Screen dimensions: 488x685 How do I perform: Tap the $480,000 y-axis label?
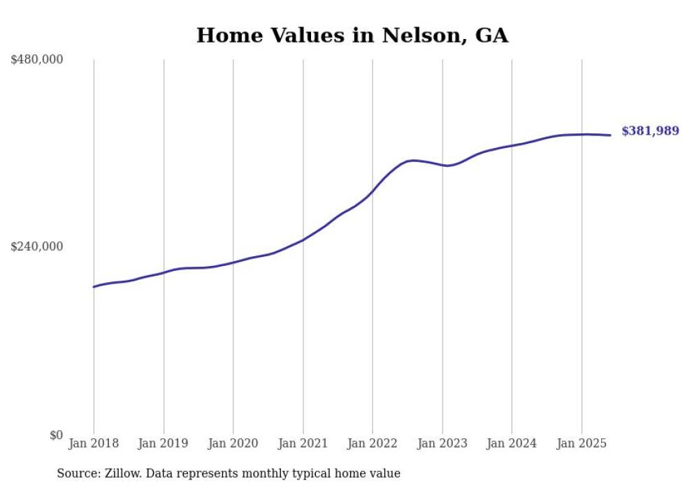(37, 60)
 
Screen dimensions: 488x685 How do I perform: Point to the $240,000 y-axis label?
(37, 246)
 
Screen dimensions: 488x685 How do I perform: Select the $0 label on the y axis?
(56, 435)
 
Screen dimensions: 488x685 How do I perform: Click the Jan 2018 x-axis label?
(94, 443)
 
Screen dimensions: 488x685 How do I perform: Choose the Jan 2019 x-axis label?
(164, 443)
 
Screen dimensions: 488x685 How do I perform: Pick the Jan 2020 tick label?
(233, 443)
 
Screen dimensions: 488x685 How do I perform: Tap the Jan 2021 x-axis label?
(303, 443)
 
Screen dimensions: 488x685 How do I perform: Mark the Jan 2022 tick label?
(373, 443)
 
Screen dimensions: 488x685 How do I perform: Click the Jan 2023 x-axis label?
(442, 443)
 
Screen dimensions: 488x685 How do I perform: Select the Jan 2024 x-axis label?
(512, 443)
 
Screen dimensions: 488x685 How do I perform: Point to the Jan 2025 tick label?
(582, 443)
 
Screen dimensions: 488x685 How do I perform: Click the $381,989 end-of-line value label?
(650, 131)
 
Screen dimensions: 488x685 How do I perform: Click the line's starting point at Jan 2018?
(94, 287)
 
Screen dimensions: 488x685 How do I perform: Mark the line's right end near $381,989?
(610, 135)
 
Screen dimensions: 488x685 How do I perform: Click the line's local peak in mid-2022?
(413, 161)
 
